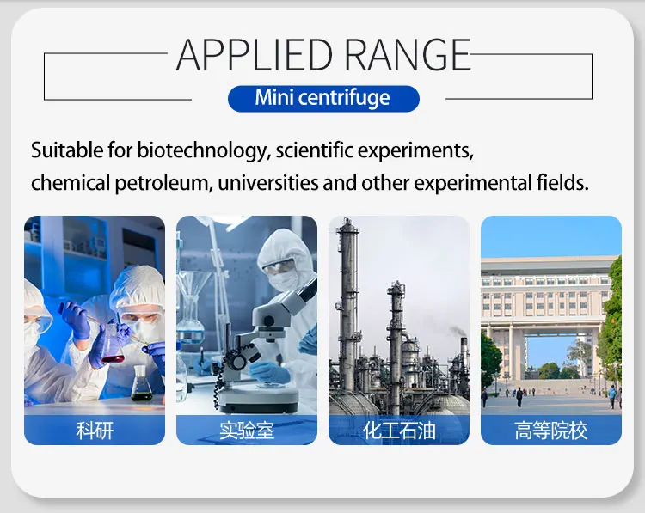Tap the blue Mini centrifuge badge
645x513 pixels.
(322, 98)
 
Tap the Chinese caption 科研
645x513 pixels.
(95, 431)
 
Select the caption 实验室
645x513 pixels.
(247, 431)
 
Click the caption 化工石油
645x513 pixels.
(399, 431)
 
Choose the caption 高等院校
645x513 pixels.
(551, 431)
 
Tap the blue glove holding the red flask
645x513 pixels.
(82, 323)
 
